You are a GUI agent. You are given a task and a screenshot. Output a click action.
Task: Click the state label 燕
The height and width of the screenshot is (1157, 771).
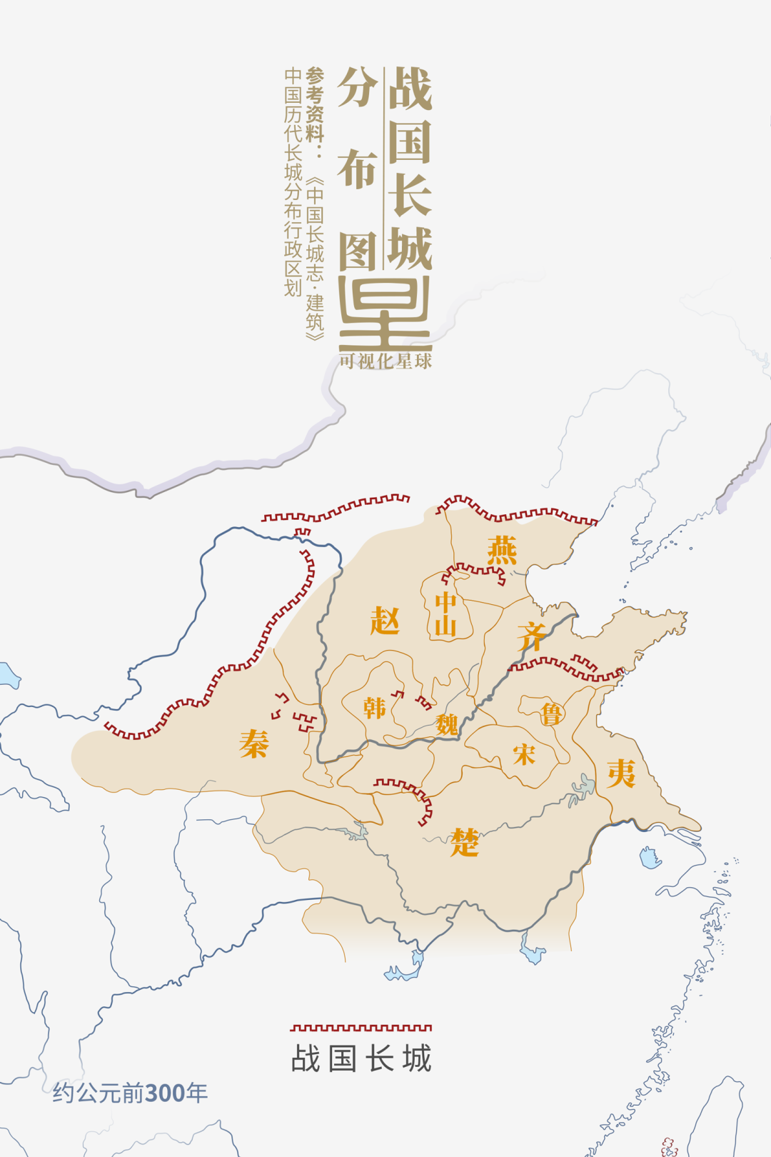pos(502,551)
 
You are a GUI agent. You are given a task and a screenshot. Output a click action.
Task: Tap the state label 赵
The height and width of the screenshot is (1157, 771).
pos(385,621)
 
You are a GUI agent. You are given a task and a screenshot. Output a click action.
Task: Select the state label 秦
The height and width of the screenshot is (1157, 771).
pos(254,743)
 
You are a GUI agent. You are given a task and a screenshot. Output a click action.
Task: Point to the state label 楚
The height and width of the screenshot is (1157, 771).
pos(465,843)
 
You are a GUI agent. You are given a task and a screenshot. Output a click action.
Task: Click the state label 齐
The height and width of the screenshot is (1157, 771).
pos(532,636)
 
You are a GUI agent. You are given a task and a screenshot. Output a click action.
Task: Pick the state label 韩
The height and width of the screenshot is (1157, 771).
pos(374,708)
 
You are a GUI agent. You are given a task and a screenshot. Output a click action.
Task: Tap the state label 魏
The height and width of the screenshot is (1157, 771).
pos(447,725)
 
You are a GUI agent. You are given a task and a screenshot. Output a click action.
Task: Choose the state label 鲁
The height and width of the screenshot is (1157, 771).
pos(550,713)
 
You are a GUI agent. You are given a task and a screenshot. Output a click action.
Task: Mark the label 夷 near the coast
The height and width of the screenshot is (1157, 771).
pos(621,773)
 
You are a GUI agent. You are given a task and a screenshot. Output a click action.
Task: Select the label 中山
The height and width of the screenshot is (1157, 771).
pos(445,614)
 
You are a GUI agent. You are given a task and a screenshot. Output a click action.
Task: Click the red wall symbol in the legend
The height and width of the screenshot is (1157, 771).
pos(361,1028)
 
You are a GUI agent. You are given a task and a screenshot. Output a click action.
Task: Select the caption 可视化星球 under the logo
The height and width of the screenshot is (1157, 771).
pos(385,361)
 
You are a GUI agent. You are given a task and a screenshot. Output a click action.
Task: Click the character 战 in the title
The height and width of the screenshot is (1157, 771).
pos(410,89)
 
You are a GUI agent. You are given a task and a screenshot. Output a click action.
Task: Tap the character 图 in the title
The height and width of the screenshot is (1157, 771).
pos(357,251)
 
